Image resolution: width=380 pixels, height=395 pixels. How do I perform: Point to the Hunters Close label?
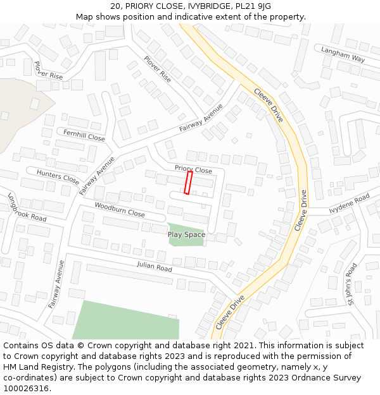(58, 176)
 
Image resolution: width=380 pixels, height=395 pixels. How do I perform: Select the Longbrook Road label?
(27, 208)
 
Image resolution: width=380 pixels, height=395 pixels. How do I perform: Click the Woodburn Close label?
(120, 210)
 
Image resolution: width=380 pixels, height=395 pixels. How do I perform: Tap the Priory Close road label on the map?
(193, 170)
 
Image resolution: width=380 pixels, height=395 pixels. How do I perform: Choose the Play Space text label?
(186, 234)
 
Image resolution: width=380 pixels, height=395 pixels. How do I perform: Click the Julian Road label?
(155, 268)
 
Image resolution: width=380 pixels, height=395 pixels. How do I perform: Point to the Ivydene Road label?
(349, 204)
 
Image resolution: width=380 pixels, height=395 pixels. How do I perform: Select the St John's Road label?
(353, 284)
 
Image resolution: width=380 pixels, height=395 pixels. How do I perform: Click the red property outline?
(188, 183)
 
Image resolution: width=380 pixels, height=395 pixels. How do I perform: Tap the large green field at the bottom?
(127, 320)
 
